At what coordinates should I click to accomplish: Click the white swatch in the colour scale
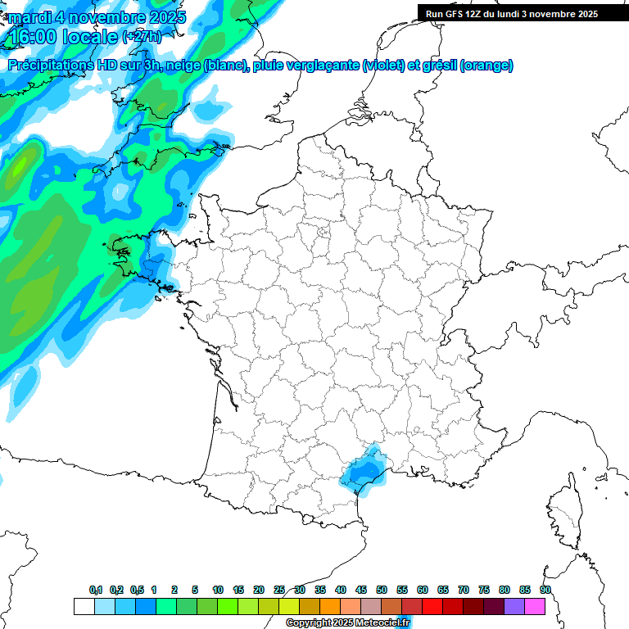pos(84,607)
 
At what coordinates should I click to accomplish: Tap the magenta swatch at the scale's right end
pos(535,607)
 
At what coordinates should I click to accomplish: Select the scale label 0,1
pos(95,590)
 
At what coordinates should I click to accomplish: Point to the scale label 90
pos(545,590)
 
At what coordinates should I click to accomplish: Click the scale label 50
pos(382,590)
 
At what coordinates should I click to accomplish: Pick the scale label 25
pos(279,590)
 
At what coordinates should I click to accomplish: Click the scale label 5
pos(195,590)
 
